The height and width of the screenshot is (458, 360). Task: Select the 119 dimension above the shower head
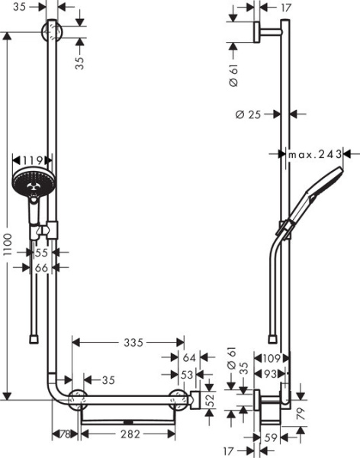[x=33, y=161]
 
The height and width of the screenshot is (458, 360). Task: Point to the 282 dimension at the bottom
[x=128, y=434]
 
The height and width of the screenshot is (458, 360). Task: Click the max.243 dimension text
[x=314, y=154]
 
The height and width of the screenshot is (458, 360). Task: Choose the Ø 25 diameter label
[x=249, y=115]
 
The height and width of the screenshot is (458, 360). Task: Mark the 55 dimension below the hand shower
[x=43, y=251]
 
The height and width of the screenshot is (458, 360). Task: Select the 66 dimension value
[x=43, y=267]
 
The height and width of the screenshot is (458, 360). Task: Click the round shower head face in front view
[x=31, y=184]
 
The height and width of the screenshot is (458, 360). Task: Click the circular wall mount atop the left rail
[x=51, y=34]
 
